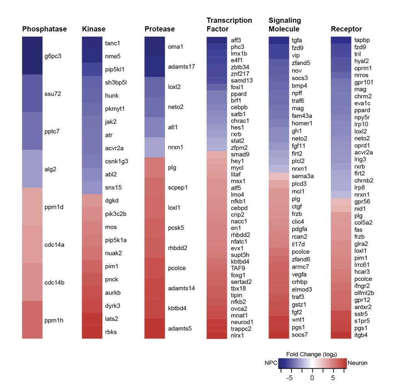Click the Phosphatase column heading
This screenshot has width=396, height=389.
coord(44,29)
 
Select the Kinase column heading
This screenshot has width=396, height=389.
coord(94,29)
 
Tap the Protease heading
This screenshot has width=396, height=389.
coord(159,29)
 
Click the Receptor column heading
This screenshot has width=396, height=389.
coord(346,29)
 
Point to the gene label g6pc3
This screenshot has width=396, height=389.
coord(53,56)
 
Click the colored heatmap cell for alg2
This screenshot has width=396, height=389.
coord(32,169)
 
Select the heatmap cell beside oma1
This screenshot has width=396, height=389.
coord(155,47)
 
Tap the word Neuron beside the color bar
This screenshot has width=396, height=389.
coord(357,363)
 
